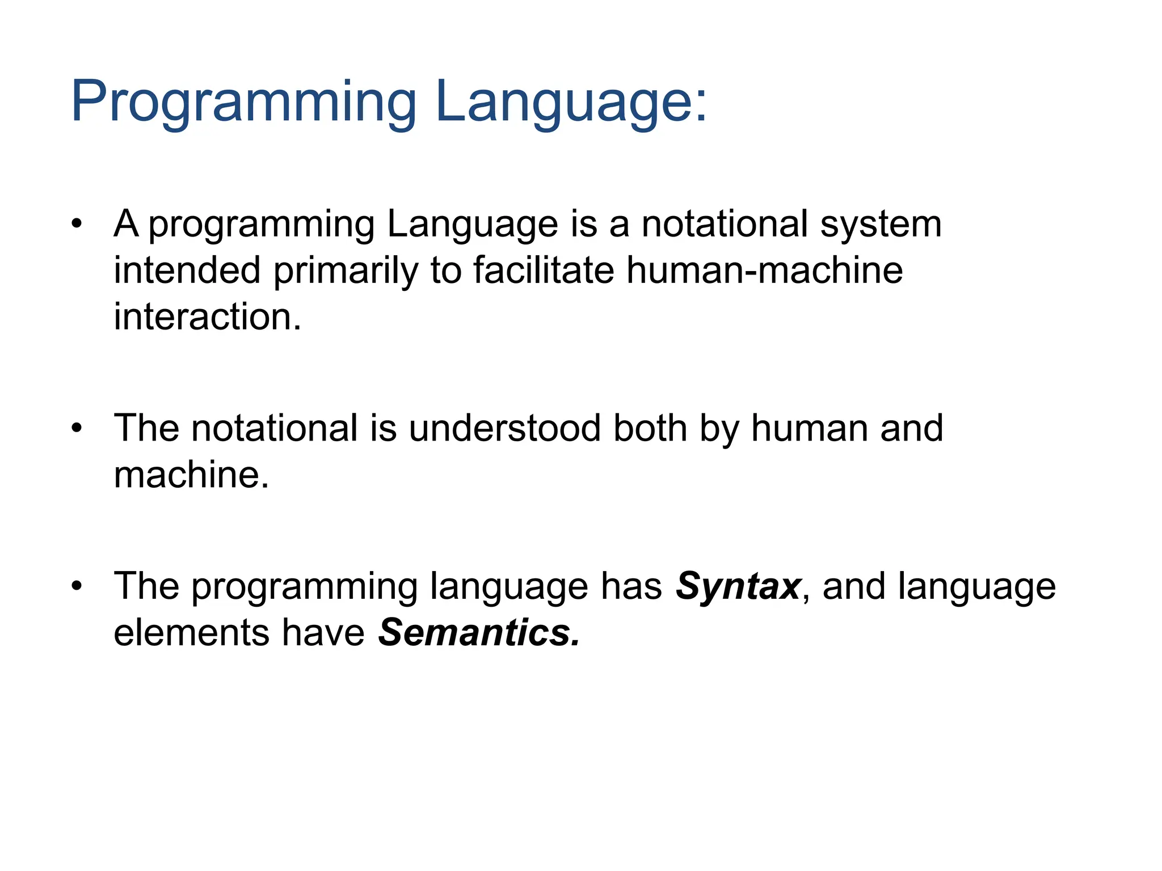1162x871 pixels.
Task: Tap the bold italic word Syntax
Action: (x=738, y=586)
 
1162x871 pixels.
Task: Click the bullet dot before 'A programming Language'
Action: (x=77, y=223)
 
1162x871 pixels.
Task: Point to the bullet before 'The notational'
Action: (x=77, y=428)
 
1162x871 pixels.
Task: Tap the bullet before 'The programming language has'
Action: (x=77, y=586)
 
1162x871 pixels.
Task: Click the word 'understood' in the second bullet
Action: (x=504, y=428)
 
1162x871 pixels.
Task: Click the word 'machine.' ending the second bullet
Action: (x=191, y=475)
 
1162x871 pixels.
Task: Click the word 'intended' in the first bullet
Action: (x=187, y=270)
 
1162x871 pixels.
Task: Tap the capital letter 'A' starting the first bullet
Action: (x=126, y=223)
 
